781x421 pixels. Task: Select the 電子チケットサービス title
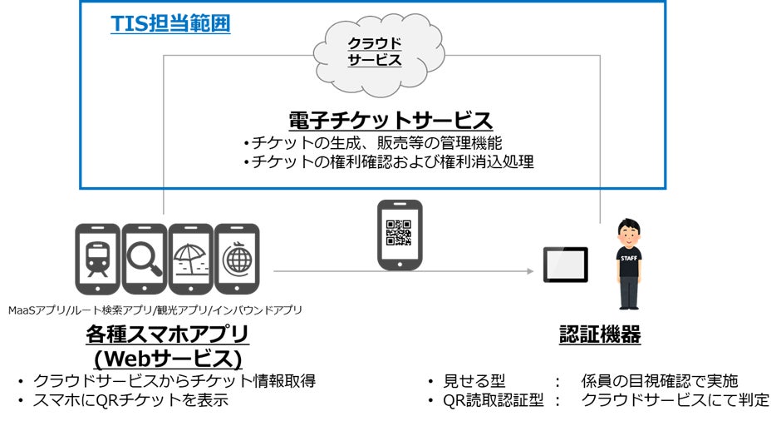coord(390,119)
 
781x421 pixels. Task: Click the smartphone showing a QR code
coord(399,234)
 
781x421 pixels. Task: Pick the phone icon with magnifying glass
coord(144,259)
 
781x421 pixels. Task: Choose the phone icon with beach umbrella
coord(190,259)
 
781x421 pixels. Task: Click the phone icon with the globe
coord(237,259)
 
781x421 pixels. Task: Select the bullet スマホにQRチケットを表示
coord(130,400)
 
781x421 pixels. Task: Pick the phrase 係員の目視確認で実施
coord(659,381)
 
